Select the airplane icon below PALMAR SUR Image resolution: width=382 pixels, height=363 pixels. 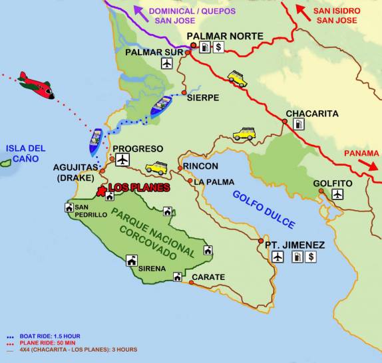[166, 63]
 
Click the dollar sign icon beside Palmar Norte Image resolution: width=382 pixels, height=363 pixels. [219, 47]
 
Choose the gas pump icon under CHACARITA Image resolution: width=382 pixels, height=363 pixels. [299, 124]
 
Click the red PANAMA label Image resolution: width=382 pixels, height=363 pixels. [361, 154]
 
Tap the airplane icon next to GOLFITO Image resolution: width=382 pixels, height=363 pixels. [337, 194]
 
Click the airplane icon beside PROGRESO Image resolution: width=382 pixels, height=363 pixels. [122, 160]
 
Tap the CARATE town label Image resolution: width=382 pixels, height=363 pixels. [208, 277]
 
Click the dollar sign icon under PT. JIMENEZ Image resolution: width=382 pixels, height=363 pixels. [311, 257]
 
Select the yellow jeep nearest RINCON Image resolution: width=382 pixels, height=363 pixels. [157, 167]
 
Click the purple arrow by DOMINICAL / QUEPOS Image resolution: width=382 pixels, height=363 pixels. [139, 11]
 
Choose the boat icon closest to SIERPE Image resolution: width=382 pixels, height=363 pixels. [161, 106]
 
